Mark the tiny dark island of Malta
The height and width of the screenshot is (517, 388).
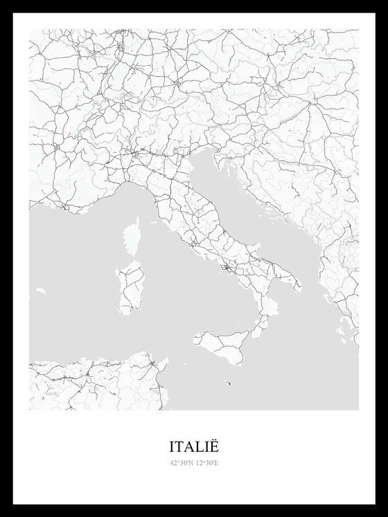[x=229, y=383]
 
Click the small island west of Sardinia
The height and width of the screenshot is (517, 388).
[x=41, y=291]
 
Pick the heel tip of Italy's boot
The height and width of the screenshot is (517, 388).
[x=299, y=287]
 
